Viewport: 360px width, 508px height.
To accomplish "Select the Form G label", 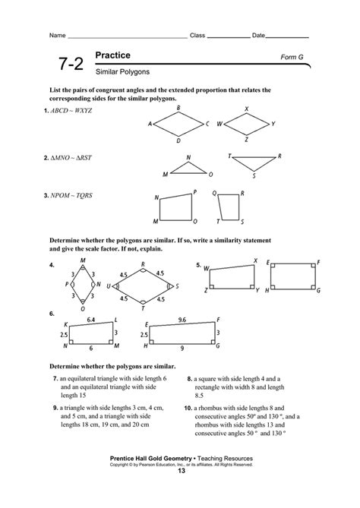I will [294, 58].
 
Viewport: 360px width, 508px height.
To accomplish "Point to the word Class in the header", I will [197, 35].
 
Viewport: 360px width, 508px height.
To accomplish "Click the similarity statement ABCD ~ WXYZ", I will [71, 110].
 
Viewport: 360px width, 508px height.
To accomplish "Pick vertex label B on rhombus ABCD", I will [178, 108].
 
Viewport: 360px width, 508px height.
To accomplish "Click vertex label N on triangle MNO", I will [188, 158].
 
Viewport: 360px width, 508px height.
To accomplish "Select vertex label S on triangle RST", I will [254, 176].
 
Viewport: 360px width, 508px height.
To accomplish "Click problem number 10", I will [188, 407].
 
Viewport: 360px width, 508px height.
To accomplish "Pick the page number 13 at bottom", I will [180, 471].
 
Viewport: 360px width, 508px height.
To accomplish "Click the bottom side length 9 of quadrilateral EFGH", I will [182, 348].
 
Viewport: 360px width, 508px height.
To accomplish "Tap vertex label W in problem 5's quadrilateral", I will [205, 267].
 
